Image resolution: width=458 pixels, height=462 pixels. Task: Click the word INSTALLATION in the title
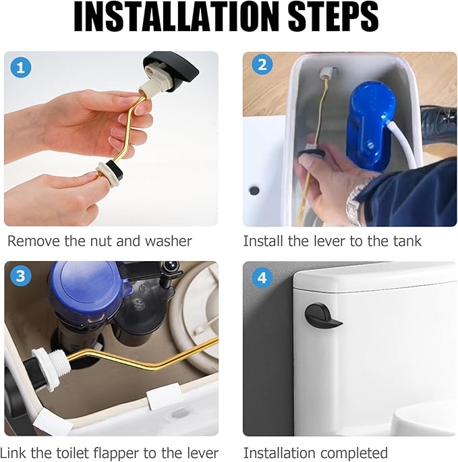pos(176,16)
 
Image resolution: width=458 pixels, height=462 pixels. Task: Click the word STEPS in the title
pos(333,16)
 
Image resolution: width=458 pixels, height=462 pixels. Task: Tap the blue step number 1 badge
pos(21,67)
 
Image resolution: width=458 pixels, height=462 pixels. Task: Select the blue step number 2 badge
pos(262,65)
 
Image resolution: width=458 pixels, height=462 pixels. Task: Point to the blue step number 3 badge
pos(21,276)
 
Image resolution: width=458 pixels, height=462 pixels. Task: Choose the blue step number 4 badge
pos(262,278)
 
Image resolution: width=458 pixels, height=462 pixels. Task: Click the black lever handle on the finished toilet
pos(322,316)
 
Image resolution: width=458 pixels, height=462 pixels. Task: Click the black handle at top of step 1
pos(171,71)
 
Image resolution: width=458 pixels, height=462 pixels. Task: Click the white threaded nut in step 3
pos(51,366)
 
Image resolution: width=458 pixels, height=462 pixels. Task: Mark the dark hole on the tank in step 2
pos(254,190)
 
